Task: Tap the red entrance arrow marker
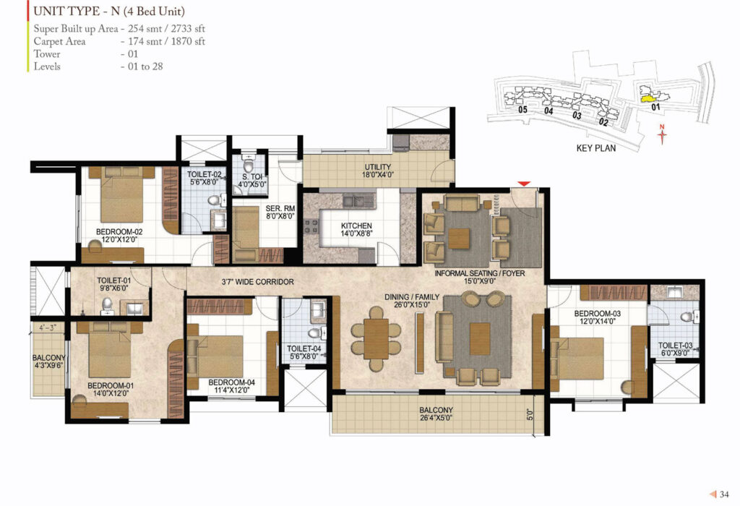524,184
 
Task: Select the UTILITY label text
377,167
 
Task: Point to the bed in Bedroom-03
577,359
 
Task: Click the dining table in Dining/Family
376,339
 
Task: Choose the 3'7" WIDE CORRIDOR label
258,282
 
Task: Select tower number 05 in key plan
522,110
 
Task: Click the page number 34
724,494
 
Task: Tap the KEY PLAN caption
596,148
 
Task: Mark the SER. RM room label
280,208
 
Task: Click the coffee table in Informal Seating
459,239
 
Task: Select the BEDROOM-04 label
231,382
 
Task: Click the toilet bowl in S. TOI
249,166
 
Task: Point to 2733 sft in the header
188,29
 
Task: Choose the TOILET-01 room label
113,280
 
